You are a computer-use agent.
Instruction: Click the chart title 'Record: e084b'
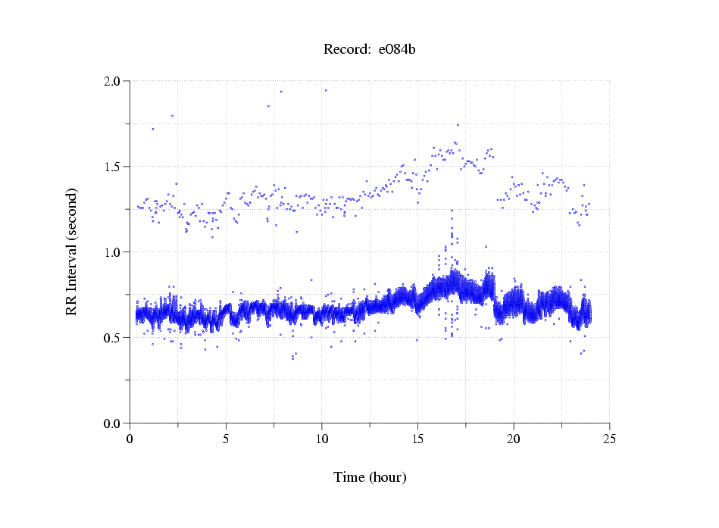370,50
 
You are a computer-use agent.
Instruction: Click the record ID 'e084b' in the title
397,50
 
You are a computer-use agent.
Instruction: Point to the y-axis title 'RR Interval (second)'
71,252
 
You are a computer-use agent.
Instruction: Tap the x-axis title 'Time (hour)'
370,477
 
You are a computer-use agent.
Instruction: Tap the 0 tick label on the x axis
130,439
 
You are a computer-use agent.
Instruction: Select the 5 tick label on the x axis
226,439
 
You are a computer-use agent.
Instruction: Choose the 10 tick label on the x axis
322,439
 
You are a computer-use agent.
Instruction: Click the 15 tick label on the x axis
417,439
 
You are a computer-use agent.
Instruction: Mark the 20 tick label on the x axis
514,439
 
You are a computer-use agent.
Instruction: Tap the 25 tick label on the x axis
609,439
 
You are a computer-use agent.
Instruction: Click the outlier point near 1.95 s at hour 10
326,90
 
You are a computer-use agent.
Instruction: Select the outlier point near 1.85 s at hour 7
268,106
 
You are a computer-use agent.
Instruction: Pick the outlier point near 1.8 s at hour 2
172,116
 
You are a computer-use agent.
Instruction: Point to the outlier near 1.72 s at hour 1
153,129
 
